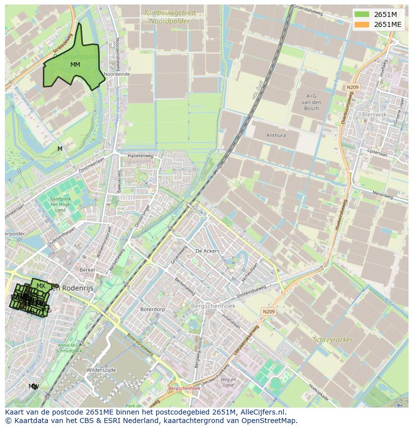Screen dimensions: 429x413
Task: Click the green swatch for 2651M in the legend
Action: click(x=362, y=14)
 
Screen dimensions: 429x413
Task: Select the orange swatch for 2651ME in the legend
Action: click(x=362, y=24)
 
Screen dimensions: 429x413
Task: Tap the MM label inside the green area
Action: click(x=75, y=65)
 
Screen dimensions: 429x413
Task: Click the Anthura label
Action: click(x=276, y=135)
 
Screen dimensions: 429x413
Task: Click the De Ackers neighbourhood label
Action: click(x=207, y=251)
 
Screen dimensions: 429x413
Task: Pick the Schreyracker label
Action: click(x=333, y=340)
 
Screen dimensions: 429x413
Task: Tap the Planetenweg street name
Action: click(x=140, y=156)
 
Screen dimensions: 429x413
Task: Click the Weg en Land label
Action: click(x=228, y=382)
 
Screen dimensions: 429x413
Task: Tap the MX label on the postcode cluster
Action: click(x=41, y=286)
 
